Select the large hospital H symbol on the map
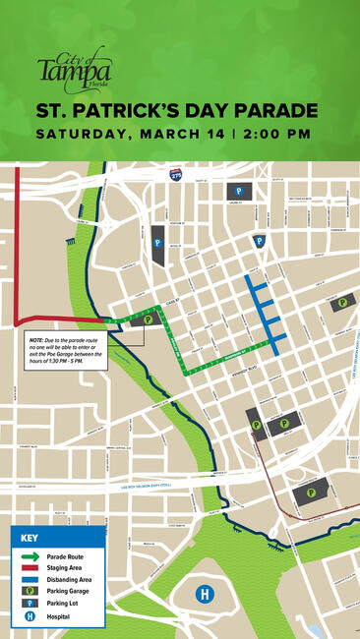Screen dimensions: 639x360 (x=205, y=594)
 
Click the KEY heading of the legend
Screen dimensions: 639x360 (x=29, y=538)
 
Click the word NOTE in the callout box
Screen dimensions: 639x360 (x=36, y=336)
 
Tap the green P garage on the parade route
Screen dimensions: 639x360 (x=149, y=319)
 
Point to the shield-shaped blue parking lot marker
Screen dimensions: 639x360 (x=259, y=240)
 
